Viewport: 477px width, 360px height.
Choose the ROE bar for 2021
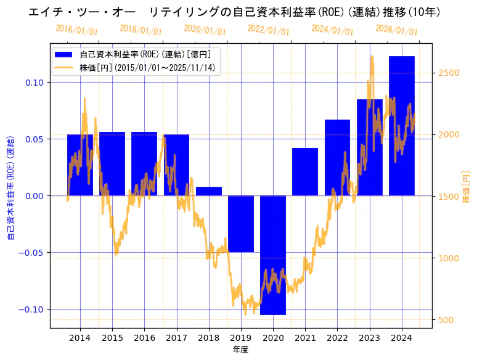coord(305,172)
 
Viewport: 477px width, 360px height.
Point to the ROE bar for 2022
coord(337,158)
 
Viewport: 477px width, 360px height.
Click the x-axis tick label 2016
coord(144,338)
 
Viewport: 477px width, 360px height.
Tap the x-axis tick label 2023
coord(369,338)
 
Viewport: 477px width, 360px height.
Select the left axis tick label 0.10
coord(34,83)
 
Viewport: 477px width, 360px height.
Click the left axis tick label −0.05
coord(31,253)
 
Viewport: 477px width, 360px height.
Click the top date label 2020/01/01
coord(205,30)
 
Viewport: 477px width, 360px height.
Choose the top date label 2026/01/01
coord(397,30)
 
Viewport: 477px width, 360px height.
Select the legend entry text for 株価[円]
coord(147,68)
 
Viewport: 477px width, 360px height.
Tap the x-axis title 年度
coord(240,350)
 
